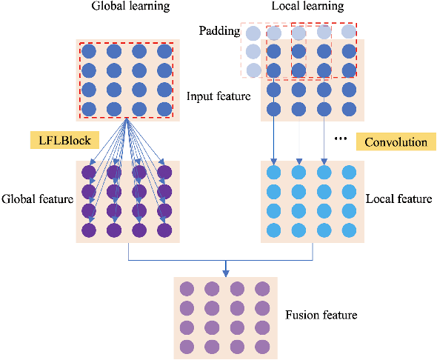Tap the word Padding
tap(218, 31)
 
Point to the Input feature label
tap(218, 96)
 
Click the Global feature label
tap(36, 199)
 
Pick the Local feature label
tap(399, 199)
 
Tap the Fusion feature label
tap(321, 316)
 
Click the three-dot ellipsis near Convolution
tap(342, 139)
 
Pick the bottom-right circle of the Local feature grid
tap(348, 230)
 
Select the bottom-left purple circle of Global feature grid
tap(90, 230)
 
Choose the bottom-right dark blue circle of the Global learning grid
tap(161, 109)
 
